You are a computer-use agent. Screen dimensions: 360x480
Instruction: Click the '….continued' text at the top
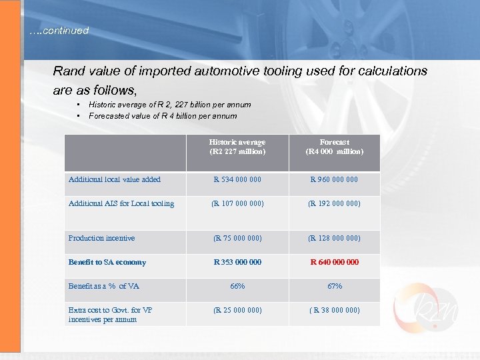[59, 31]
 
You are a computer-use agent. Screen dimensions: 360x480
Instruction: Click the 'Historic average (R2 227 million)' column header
[237, 147]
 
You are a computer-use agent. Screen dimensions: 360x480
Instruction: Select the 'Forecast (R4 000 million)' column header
[334, 147]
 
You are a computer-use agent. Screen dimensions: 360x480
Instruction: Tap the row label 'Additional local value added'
[115, 179]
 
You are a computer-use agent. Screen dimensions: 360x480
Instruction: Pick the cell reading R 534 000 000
[237, 179]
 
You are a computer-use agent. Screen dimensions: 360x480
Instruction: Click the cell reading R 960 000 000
[334, 179]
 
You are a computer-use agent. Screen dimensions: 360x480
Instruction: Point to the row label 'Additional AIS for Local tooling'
[121, 203]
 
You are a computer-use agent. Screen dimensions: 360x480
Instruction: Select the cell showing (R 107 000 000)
[237, 203]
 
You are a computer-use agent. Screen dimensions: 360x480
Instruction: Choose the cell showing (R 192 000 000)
[334, 203]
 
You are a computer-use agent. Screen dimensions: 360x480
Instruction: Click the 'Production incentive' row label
[101, 238]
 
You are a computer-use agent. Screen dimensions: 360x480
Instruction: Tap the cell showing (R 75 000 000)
[237, 238]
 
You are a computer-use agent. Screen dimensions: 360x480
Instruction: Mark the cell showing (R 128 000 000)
[334, 238]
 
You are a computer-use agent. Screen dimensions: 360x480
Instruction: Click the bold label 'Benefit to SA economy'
[107, 262]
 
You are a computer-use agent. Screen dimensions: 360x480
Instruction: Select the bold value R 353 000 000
[237, 262]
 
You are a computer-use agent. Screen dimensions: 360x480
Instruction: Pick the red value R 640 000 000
[334, 262]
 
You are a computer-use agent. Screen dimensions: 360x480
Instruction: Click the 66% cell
[237, 286]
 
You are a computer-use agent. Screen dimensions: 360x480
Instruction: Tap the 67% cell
[334, 286]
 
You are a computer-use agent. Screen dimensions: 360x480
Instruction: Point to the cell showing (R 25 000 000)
[237, 310]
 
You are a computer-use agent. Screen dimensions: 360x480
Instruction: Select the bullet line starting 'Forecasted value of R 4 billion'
[163, 116]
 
